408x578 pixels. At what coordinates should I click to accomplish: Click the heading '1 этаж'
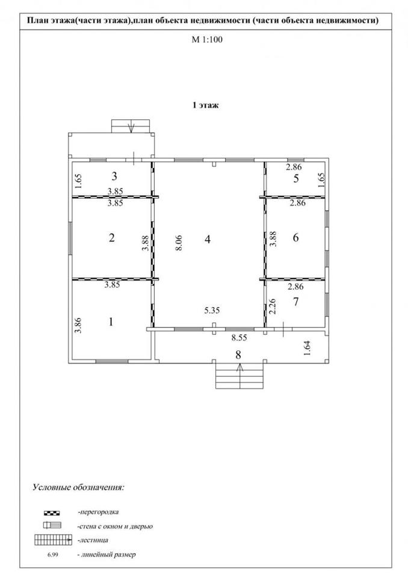pyautogui.click(x=205, y=105)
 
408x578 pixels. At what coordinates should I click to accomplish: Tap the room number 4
pyautogui.click(x=207, y=239)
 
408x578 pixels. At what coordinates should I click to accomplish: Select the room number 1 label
pyautogui.click(x=111, y=322)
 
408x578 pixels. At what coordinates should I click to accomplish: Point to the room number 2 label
pyautogui.click(x=111, y=237)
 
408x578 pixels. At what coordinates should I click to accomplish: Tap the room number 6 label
pyautogui.click(x=295, y=238)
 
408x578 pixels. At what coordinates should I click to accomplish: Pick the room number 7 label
pyautogui.click(x=295, y=302)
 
